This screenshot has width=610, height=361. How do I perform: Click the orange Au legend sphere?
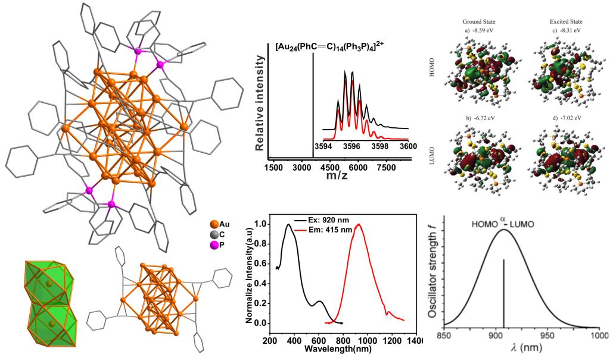tap(214, 224)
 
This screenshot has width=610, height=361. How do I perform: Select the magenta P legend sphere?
tap(214, 244)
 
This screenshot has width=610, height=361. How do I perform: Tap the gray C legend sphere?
tap(214, 234)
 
